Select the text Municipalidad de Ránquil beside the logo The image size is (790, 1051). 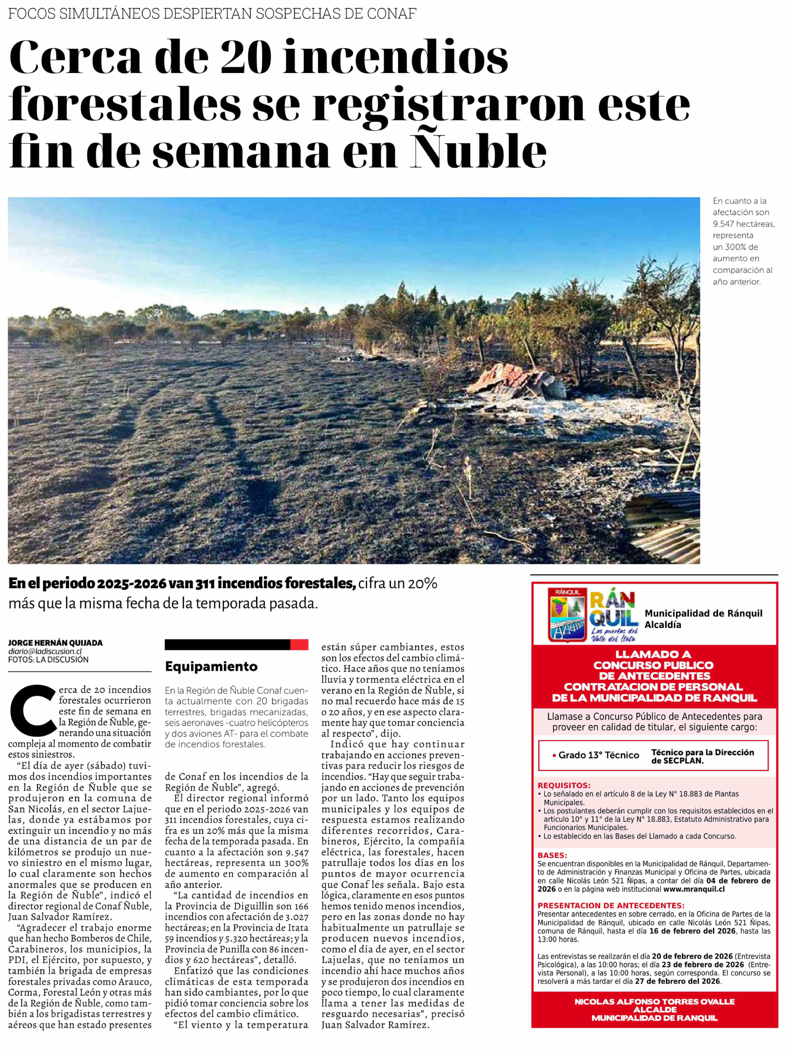703,613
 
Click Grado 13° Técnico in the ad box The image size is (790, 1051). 599,755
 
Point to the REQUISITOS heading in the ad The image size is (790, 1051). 564,785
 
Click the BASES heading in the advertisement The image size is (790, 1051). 552,855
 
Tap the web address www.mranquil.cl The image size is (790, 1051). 694,889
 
